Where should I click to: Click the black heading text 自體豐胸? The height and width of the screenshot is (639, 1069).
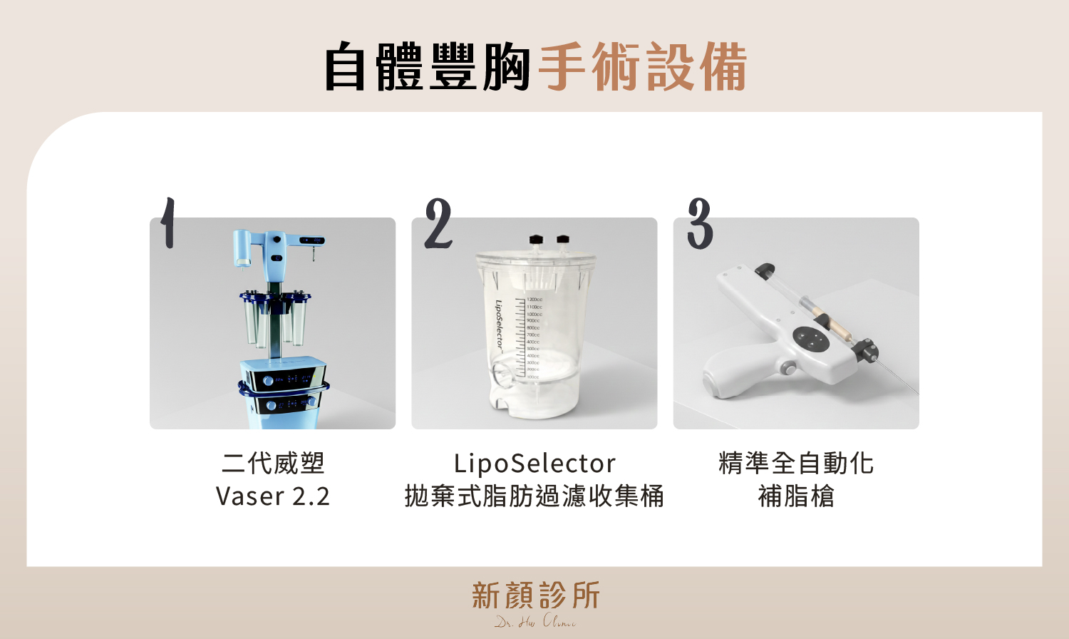tap(426, 67)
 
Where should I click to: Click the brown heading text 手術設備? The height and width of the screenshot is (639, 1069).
tap(642, 67)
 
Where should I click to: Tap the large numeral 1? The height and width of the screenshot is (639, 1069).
tap(167, 223)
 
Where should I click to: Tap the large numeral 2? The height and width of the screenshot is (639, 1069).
tap(438, 224)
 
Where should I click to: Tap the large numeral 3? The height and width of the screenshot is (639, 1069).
tap(700, 224)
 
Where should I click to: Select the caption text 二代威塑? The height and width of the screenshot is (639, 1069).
tap(273, 464)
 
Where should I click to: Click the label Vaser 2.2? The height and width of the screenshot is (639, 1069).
tap(273, 496)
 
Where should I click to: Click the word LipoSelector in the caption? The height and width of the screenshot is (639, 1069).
tap(534, 464)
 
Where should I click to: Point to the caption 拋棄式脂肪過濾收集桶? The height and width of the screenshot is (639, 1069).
tap(534, 496)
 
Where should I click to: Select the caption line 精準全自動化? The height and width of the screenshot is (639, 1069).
tap(796, 464)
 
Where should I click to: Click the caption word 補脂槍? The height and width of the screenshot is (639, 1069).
tap(796, 496)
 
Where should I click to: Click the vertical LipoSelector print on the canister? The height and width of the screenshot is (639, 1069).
tap(499, 325)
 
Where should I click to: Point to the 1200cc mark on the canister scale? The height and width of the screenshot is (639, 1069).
tap(534, 300)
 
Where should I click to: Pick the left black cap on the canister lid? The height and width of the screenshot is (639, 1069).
tap(536, 240)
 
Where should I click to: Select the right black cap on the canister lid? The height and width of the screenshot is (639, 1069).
tap(563, 240)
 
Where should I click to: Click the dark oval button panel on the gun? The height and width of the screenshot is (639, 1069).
tap(811, 338)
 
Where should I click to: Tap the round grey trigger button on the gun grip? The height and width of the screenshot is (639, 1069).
tap(787, 368)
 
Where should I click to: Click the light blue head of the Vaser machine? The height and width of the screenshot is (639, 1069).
tap(274, 246)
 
